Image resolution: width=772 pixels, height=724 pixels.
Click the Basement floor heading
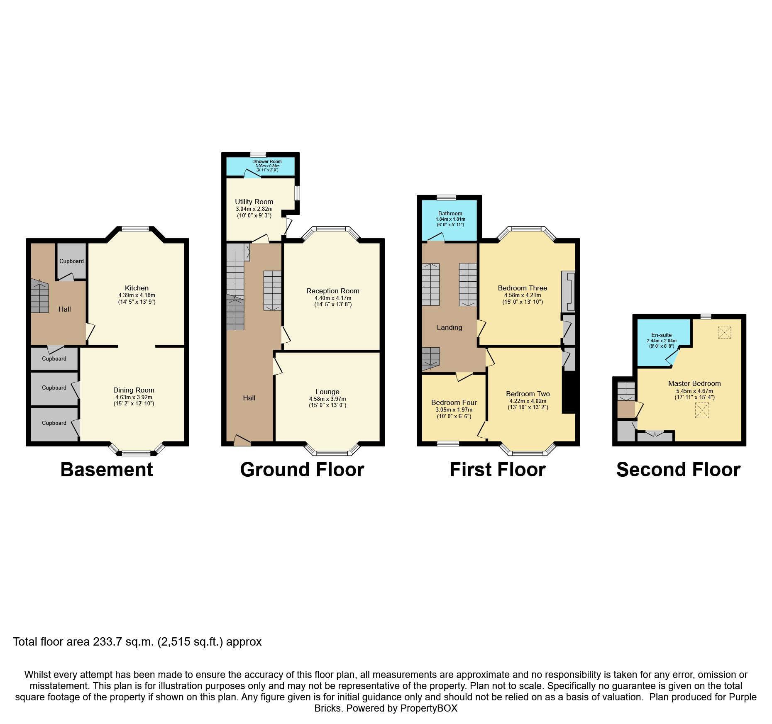107,470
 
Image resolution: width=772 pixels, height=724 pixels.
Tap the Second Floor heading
678,470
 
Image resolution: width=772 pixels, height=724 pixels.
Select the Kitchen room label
137,288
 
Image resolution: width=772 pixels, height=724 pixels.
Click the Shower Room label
267,161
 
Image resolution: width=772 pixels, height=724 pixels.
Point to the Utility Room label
254,202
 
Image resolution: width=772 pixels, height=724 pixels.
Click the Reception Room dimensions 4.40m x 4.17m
332,298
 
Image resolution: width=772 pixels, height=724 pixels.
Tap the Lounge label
327,392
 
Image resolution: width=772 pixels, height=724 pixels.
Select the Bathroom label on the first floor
450,213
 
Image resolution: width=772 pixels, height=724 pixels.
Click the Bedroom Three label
522,288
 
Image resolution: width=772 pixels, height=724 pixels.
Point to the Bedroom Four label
454,402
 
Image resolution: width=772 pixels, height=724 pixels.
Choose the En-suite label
661,335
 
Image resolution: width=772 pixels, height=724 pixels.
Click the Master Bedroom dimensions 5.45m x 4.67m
694,391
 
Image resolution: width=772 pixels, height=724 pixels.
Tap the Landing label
449,327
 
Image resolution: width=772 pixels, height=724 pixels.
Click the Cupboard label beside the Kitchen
71,261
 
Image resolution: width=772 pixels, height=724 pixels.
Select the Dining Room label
134,390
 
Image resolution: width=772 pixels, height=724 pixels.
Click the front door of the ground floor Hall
242,441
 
